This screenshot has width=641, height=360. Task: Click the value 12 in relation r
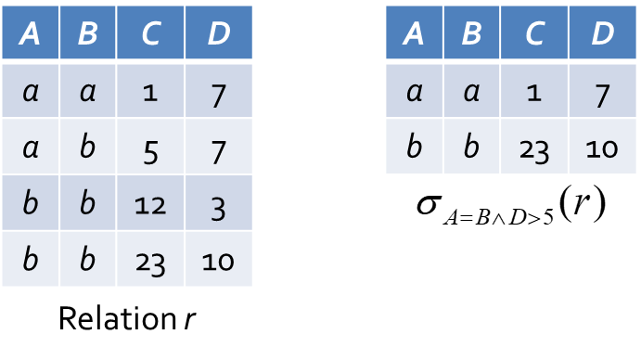150,203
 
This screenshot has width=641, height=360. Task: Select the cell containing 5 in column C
150,146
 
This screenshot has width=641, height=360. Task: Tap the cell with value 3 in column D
218,203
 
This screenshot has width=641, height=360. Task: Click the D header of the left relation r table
218,32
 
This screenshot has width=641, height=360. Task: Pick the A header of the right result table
414,32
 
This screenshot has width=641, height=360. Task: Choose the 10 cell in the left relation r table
218,259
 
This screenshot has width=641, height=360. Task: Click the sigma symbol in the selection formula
429,203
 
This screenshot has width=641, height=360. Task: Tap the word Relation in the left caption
117,318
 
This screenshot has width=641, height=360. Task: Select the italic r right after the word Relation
189,320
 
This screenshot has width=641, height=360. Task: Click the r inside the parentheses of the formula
582,203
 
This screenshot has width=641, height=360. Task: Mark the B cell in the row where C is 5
87,146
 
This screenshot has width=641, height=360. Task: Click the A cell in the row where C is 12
31,203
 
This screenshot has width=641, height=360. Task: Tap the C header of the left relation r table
150,32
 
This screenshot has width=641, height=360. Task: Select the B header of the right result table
471,32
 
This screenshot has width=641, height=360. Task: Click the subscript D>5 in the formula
532,218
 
